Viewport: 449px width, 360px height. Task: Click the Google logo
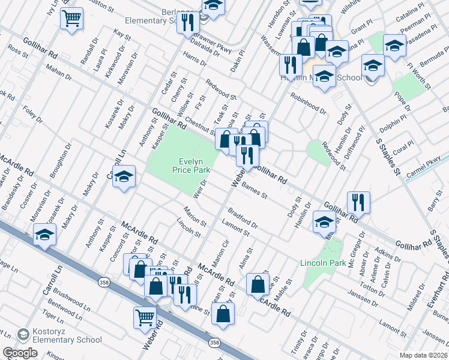(x=20, y=353)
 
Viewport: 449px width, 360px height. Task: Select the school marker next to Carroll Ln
(x=124, y=176)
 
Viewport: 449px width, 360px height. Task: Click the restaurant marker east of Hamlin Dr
(x=358, y=202)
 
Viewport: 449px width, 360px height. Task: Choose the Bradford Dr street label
(x=243, y=218)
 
